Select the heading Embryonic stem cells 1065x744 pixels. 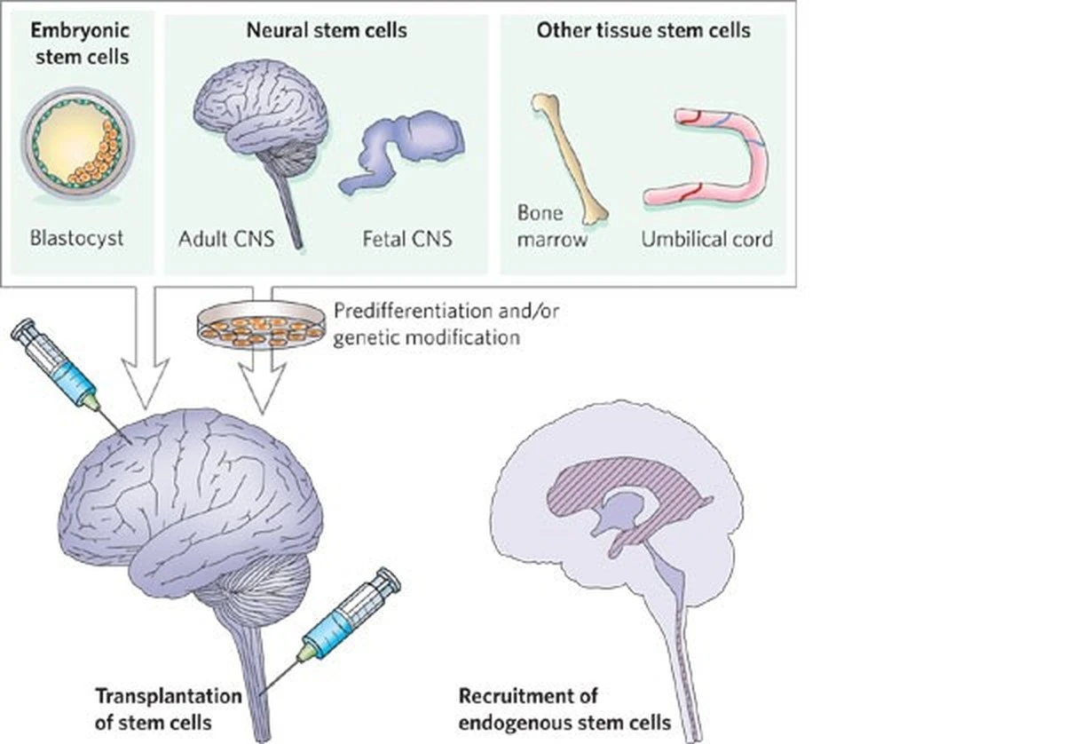click(x=80, y=43)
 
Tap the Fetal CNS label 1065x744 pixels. click(x=406, y=238)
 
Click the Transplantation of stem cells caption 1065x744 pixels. click(x=168, y=708)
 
